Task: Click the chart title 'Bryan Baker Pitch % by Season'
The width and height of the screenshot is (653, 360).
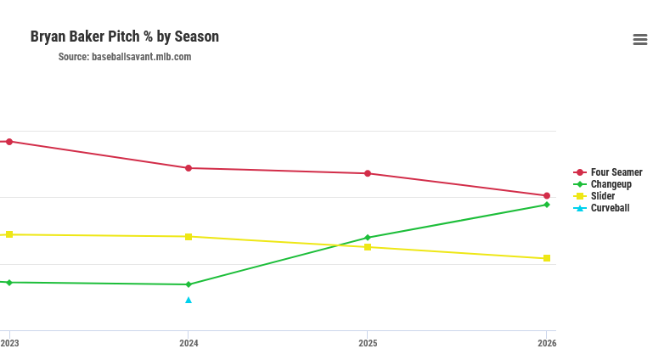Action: pyautogui.click(x=125, y=37)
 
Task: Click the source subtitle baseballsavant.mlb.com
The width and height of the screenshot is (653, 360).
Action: pyautogui.click(x=125, y=57)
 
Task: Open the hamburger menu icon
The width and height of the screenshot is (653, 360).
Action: pyautogui.click(x=640, y=40)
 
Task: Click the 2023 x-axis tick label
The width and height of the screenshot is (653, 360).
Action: pyautogui.click(x=10, y=344)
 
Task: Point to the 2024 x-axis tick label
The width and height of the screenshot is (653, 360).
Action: pyautogui.click(x=189, y=344)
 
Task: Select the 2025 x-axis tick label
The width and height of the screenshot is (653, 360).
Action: pyautogui.click(x=368, y=344)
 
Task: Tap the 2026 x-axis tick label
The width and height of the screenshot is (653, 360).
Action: pyautogui.click(x=547, y=344)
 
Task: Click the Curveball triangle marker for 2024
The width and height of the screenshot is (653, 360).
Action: pyautogui.click(x=189, y=300)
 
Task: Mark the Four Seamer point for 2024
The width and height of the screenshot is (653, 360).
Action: pyautogui.click(x=189, y=168)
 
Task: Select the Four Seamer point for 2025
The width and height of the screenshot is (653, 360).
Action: pyautogui.click(x=368, y=173)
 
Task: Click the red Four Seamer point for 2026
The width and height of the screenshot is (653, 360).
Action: pyautogui.click(x=547, y=195)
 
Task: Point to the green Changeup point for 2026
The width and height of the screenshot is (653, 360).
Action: pyautogui.click(x=547, y=205)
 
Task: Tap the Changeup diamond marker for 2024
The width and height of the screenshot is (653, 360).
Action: pyautogui.click(x=189, y=284)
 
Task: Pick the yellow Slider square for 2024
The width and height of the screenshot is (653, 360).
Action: pyautogui.click(x=189, y=237)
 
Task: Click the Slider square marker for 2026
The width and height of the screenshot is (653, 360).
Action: pyautogui.click(x=547, y=258)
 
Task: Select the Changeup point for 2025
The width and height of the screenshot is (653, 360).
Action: pyautogui.click(x=368, y=238)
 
